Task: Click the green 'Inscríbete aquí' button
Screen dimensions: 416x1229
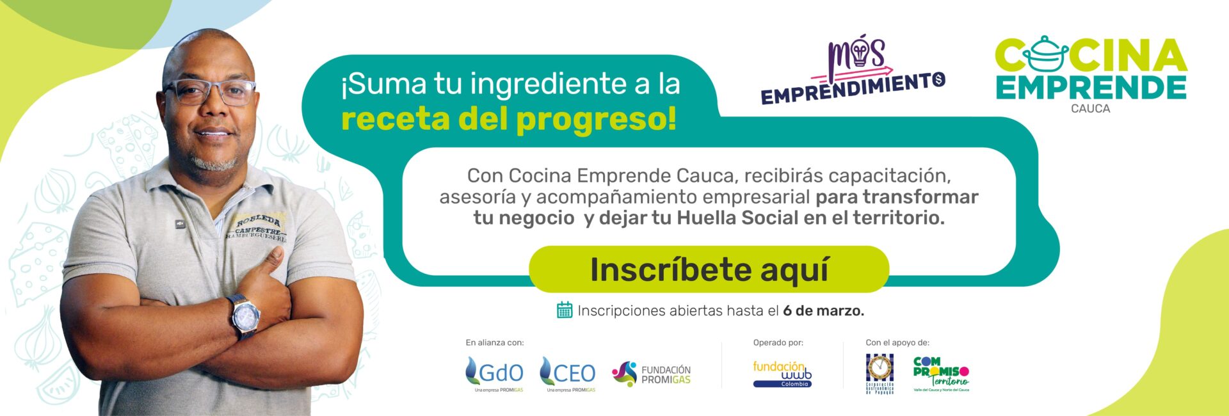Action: coord(709,269)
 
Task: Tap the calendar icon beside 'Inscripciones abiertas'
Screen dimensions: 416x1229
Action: coord(564,310)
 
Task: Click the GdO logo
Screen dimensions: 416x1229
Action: coord(494,372)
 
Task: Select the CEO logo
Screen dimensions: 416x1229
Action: coord(568,372)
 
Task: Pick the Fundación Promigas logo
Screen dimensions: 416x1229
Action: coord(651,374)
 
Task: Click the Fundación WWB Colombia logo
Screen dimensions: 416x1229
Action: coord(782,374)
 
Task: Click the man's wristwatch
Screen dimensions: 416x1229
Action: coord(245,316)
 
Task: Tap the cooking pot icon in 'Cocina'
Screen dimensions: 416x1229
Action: coord(1045,54)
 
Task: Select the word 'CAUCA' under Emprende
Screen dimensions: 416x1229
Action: coord(1090,109)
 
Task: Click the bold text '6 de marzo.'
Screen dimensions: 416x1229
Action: coord(823,310)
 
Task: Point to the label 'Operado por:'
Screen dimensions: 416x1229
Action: coord(778,342)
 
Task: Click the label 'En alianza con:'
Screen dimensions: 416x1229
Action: coord(494,342)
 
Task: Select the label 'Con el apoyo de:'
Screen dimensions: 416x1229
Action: coord(897,342)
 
